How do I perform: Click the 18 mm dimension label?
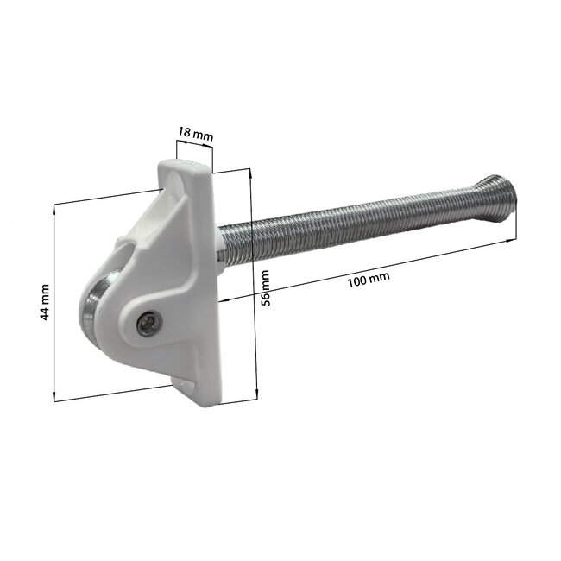195,134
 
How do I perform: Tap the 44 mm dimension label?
44,302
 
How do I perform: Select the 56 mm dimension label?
266,287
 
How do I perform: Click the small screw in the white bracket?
148,323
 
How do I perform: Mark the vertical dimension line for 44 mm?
55,302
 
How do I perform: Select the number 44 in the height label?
44,311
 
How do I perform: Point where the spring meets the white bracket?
223,245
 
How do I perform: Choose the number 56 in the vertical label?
266,294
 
